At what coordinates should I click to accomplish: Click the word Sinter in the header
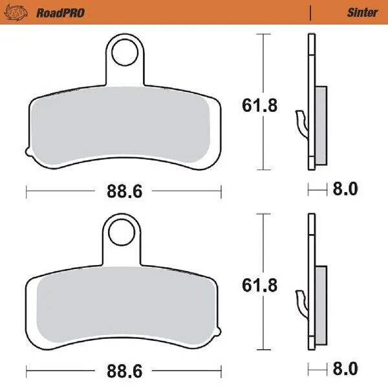pos(362,12)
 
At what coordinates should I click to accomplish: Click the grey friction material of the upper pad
pos(123,123)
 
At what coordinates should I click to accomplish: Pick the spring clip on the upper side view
pos(300,123)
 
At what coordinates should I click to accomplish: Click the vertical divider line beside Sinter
pos(312,12)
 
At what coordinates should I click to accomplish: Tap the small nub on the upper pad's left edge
pos(27,153)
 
